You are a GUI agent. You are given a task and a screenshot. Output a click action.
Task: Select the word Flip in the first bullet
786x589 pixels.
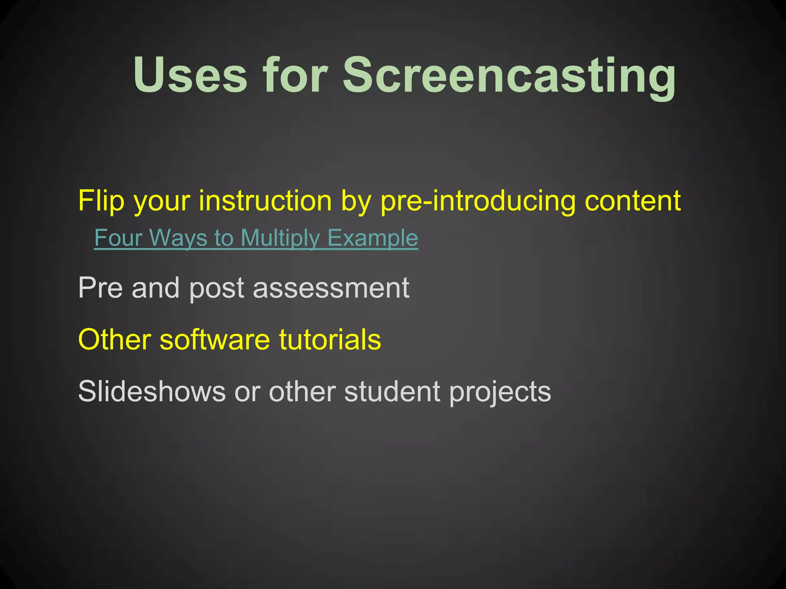[101, 201]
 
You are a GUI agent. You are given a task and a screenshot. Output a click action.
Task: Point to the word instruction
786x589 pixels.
[265, 200]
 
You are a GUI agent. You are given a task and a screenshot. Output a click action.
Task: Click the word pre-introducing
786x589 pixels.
[478, 201]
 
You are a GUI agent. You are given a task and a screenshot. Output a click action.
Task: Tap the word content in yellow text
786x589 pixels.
[633, 200]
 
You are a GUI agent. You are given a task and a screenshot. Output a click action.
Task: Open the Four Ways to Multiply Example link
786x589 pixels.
[256, 238]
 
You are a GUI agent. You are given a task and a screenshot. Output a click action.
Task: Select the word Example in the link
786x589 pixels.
[373, 238]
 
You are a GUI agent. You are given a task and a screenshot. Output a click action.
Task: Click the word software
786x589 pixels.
[215, 339]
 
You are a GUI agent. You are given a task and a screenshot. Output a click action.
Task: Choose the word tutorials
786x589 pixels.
[330, 339]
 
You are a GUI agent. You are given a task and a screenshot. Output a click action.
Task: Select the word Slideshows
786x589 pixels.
[152, 391]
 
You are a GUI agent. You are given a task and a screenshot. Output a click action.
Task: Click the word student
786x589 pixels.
[392, 391]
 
